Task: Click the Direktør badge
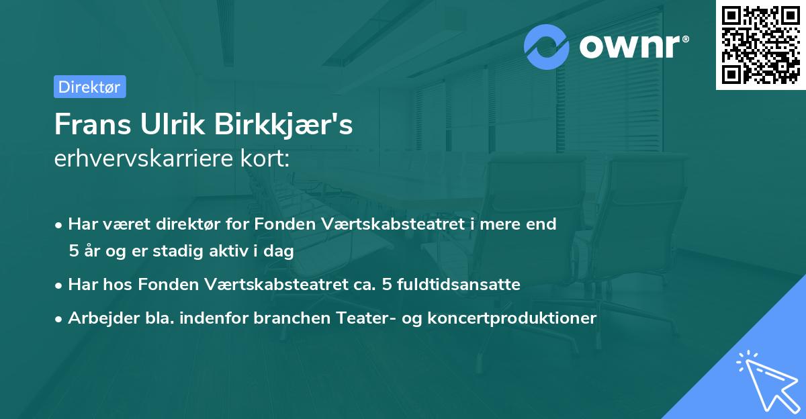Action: (89, 87)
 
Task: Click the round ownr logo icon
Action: (547, 46)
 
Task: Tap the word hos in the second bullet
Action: (119, 284)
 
